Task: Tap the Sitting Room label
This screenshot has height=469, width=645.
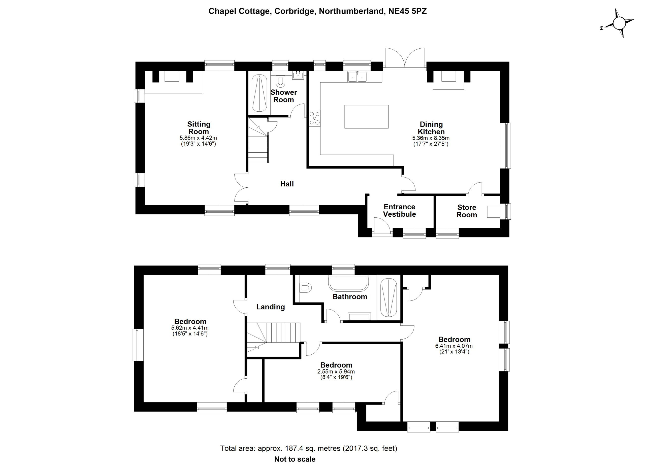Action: click(199, 128)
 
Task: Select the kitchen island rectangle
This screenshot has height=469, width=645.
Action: click(366, 117)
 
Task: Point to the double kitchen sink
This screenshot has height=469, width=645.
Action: click(357, 77)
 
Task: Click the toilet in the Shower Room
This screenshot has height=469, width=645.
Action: click(281, 81)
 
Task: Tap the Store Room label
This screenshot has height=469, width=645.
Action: click(466, 211)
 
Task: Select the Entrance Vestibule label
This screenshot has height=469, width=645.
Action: click(399, 211)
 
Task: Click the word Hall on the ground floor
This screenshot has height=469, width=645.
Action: click(287, 184)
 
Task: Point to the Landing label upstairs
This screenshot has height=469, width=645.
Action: click(270, 307)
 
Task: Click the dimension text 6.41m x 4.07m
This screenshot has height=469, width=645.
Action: click(454, 346)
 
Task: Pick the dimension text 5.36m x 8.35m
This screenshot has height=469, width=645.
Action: click(431, 138)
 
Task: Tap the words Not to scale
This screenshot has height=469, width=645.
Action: click(295, 459)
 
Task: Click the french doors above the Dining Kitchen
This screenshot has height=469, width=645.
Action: click(405, 58)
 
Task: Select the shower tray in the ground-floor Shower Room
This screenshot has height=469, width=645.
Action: click(259, 93)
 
